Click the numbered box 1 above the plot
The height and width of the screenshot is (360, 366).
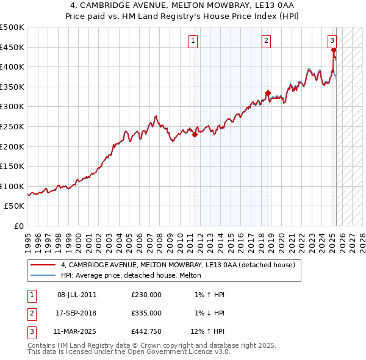pyautogui.click(x=193, y=41)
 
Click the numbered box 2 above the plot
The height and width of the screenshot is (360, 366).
pyautogui.click(x=267, y=41)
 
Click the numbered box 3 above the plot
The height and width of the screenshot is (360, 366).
pyautogui.click(x=332, y=41)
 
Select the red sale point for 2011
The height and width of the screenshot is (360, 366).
pyautogui.click(x=195, y=135)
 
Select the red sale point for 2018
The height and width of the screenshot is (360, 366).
pyautogui.click(x=268, y=93)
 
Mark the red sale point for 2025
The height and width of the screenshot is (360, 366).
pyautogui.click(x=334, y=51)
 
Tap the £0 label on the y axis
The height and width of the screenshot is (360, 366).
pyautogui.click(x=19, y=226)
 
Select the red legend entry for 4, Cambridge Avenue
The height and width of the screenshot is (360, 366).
pyautogui.click(x=178, y=265)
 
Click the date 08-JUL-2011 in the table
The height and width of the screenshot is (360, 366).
pyautogui.click(x=77, y=295)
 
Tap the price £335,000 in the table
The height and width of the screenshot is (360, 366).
pyautogui.click(x=146, y=314)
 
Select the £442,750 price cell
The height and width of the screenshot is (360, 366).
pyautogui.click(x=146, y=333)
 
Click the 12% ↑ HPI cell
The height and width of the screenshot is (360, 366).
pyautogui.click(x=207, y=333)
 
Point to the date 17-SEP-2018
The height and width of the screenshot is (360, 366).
pyautogui.click(x=77, y=314)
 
